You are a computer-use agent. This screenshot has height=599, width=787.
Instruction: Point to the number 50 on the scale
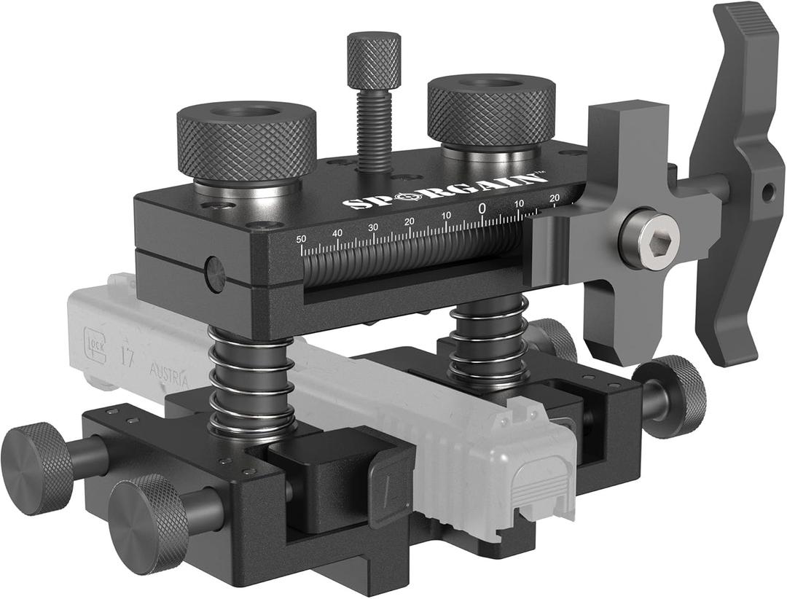(x=301, y=238)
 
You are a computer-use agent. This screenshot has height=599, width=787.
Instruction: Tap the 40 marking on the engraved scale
(x=337, y=233)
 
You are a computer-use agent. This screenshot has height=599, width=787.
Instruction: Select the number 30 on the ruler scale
(x=372, y=227)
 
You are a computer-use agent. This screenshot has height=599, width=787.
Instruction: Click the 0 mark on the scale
(x=482, y=208)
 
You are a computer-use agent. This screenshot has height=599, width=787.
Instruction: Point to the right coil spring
(x=488, y=342)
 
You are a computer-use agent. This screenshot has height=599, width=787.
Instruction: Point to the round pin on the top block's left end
(x=215, y=273)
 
